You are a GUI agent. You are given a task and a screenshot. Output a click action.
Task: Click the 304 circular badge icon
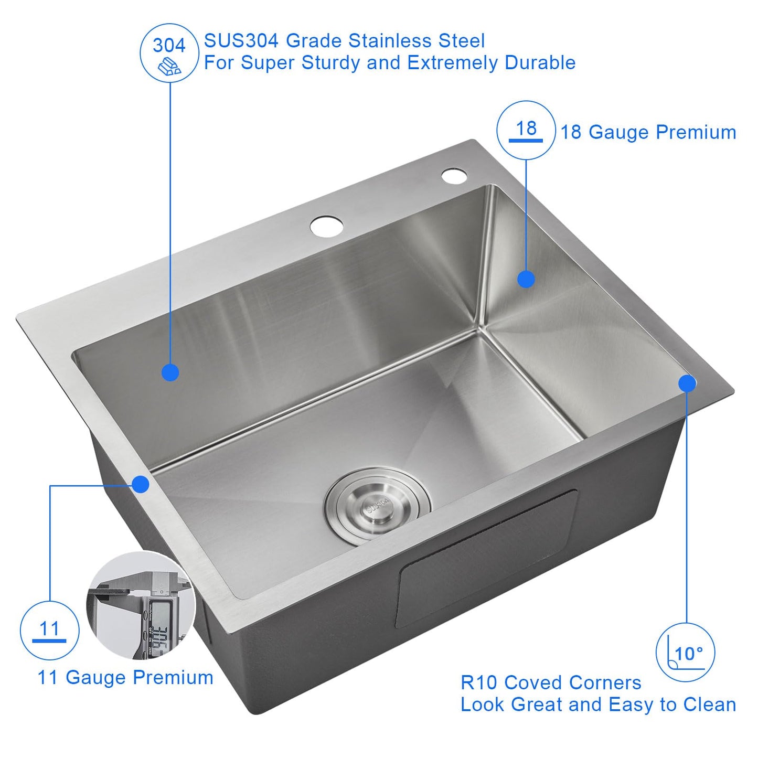click(169, 53)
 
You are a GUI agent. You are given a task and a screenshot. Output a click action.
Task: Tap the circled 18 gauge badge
click(526, 130)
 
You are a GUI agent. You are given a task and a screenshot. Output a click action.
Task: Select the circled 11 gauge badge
click(49, 630)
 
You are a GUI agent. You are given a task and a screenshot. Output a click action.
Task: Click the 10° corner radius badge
click(685, 653)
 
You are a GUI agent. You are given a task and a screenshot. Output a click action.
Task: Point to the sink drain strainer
click(378, 506)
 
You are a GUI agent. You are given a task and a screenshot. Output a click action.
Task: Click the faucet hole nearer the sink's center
click(326, 226)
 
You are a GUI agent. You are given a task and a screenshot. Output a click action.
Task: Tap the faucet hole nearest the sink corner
click(454, 176)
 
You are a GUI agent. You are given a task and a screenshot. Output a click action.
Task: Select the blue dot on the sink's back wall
click(170, 372)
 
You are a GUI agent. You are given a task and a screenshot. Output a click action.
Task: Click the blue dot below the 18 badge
click(526, 279)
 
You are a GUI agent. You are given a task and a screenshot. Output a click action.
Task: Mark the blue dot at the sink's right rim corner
click(687, 383)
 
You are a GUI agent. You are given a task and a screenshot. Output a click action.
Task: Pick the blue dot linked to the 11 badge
click(140, 484)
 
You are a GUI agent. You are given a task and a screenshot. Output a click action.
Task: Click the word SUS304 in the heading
click(241, 41)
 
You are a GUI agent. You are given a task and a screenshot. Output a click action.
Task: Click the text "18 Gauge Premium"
click(648, 132)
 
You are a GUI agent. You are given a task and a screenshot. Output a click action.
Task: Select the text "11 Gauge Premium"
click(125, 677)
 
